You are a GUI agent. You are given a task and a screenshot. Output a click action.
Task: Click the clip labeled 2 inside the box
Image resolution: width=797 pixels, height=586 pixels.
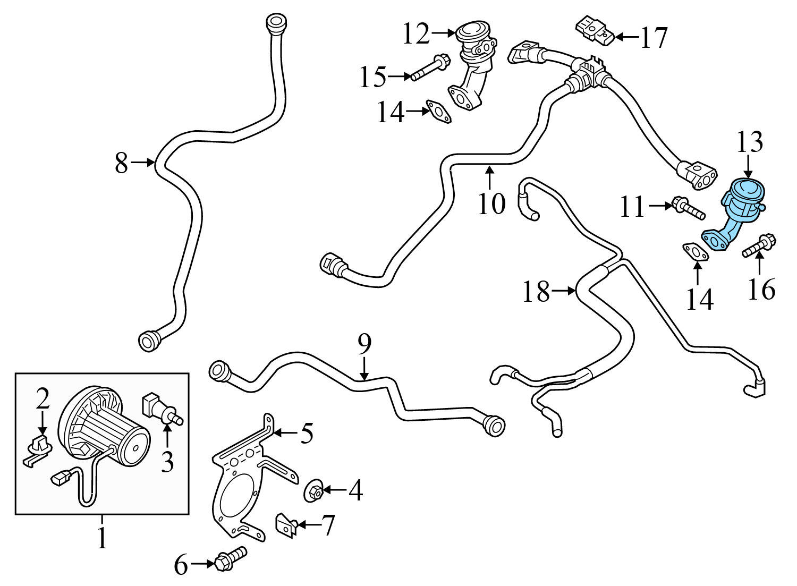[x=38, y=447]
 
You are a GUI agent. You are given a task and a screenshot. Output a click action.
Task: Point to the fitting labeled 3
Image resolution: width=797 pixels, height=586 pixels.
[x=160, y=409]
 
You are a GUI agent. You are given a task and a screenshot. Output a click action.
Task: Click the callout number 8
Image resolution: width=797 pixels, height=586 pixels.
[x=121, y=163]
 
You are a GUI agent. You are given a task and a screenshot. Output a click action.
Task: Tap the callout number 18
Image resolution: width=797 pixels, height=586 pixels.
[x=536, y=292]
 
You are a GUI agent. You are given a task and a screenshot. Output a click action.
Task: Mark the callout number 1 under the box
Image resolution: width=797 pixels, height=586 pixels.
[x=101, y=539]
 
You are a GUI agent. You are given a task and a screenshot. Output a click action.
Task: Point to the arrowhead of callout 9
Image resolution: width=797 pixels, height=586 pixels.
[x=364, y=378]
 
